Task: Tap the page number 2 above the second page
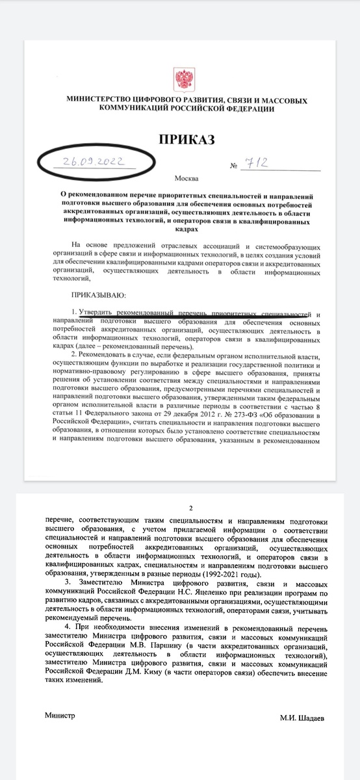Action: [x=190, y=509]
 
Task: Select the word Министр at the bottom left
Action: [x=60, y=714]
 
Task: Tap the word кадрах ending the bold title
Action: [x=179, y=229]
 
